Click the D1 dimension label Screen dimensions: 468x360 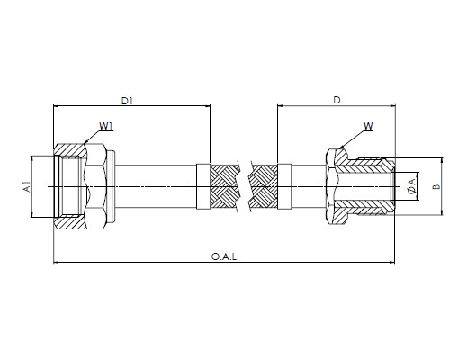[127, 101]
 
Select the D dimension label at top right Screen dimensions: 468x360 [337, 100]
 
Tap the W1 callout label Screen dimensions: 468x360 [106, 126]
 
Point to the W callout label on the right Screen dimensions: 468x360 [368, 126]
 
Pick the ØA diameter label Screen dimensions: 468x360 [413, 186]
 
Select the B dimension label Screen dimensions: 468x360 [436, 186]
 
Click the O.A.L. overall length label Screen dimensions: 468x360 [225, 257]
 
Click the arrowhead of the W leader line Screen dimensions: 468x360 [341, 147]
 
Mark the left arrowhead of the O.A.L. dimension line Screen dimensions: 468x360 [56, 263]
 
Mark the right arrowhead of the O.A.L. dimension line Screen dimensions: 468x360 [392, 263]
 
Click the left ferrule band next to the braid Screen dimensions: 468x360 [202, 186]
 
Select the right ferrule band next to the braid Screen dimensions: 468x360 [284, 186]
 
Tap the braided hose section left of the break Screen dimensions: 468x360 [223, 186]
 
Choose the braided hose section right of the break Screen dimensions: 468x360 [264, 186]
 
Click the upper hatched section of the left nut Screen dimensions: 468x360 [70, 150]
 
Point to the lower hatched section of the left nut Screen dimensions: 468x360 [70, 222]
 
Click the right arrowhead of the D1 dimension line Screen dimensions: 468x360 [208, 105]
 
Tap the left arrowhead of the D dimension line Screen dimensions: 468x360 [281, 105]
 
